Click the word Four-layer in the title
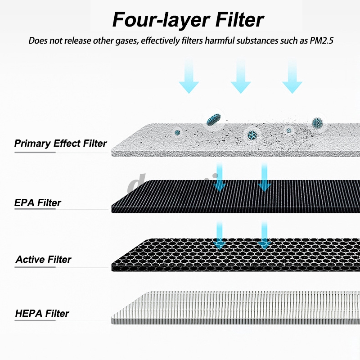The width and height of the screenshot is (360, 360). (161, 20)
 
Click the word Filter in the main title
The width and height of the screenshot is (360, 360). (240, 19)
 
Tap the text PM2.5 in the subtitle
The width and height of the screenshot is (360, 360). (321, 40)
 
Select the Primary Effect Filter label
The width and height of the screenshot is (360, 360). (60, 144)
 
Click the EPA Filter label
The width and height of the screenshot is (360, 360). (38, 203)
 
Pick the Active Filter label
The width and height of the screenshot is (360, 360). (44, 260)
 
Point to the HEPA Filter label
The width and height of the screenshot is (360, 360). (42, 313)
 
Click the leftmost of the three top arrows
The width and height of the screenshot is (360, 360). (189, 76)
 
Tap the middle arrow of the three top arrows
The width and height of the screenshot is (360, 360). (241, 76)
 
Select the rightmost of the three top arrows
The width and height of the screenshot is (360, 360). (292, 76)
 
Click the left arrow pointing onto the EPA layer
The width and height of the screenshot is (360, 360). (220, 177)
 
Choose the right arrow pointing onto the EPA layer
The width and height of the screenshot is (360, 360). (264, 177)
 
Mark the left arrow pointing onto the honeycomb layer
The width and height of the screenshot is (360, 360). (220, 235)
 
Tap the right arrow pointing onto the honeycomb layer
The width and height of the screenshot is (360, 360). (264, 235)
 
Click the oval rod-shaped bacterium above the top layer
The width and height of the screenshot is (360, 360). (213, 120)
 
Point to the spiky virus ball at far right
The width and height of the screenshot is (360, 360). (318, 123)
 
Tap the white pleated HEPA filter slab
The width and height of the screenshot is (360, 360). (235, 308)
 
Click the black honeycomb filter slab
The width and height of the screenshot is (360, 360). (235, 255)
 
